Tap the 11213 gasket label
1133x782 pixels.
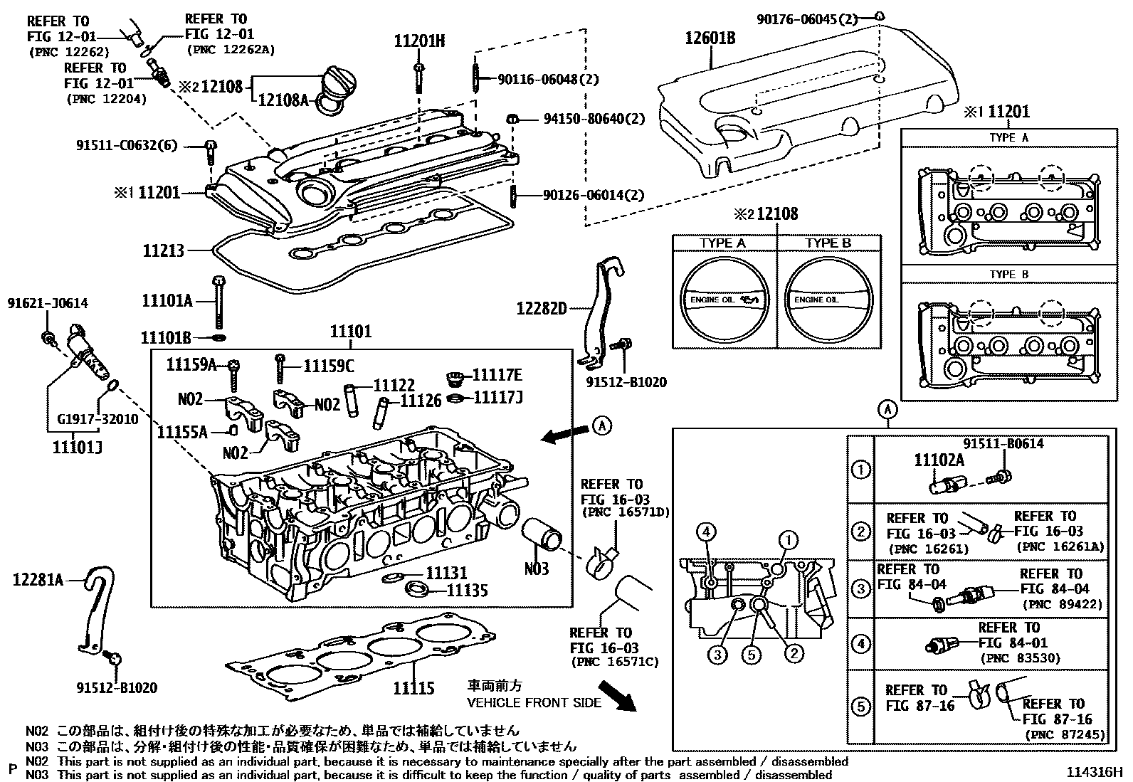164,250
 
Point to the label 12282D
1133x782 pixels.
542,309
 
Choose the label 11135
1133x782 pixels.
467,590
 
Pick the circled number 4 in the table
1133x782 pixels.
861,645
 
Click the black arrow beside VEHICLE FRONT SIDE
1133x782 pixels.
616,696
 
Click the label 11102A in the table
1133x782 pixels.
939,460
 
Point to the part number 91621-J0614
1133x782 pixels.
48,304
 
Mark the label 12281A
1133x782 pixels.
38,581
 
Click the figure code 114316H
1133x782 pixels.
1094,772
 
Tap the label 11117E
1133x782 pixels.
497,375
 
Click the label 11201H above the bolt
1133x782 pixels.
419,41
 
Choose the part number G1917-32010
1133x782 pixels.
98,419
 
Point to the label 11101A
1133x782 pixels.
167,301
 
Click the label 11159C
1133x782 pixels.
328,366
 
